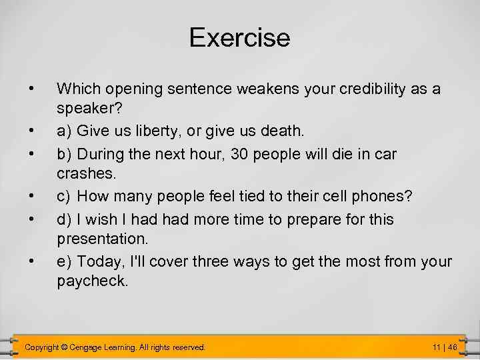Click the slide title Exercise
click(239, 37)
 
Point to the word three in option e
click(213, 262)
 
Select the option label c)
click(65, 197)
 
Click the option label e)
click(65, 262)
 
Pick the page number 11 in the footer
click(436, 347)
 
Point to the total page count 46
click(452, 347)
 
